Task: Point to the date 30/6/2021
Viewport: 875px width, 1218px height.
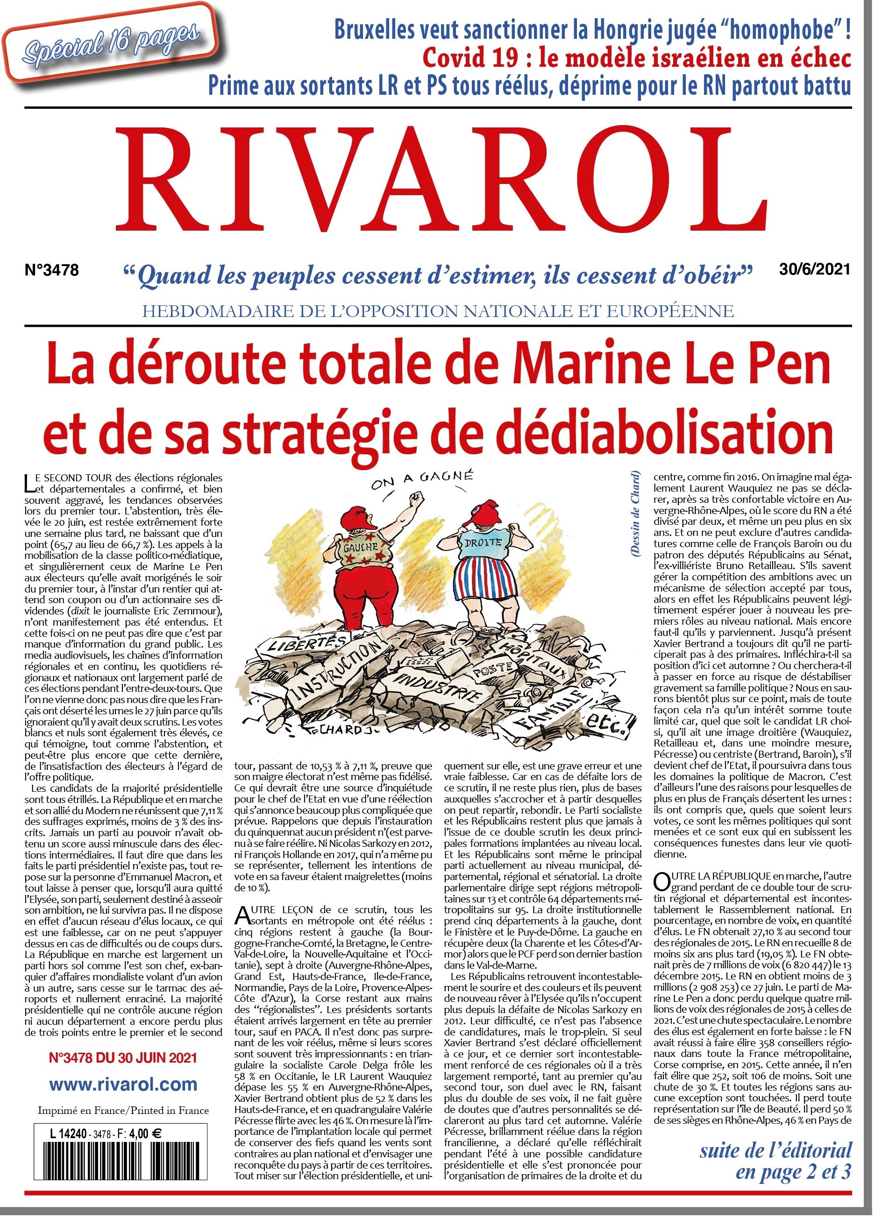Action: pos(815,268)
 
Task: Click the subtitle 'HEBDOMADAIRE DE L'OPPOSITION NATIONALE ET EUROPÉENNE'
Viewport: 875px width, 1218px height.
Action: pos(438,311)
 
